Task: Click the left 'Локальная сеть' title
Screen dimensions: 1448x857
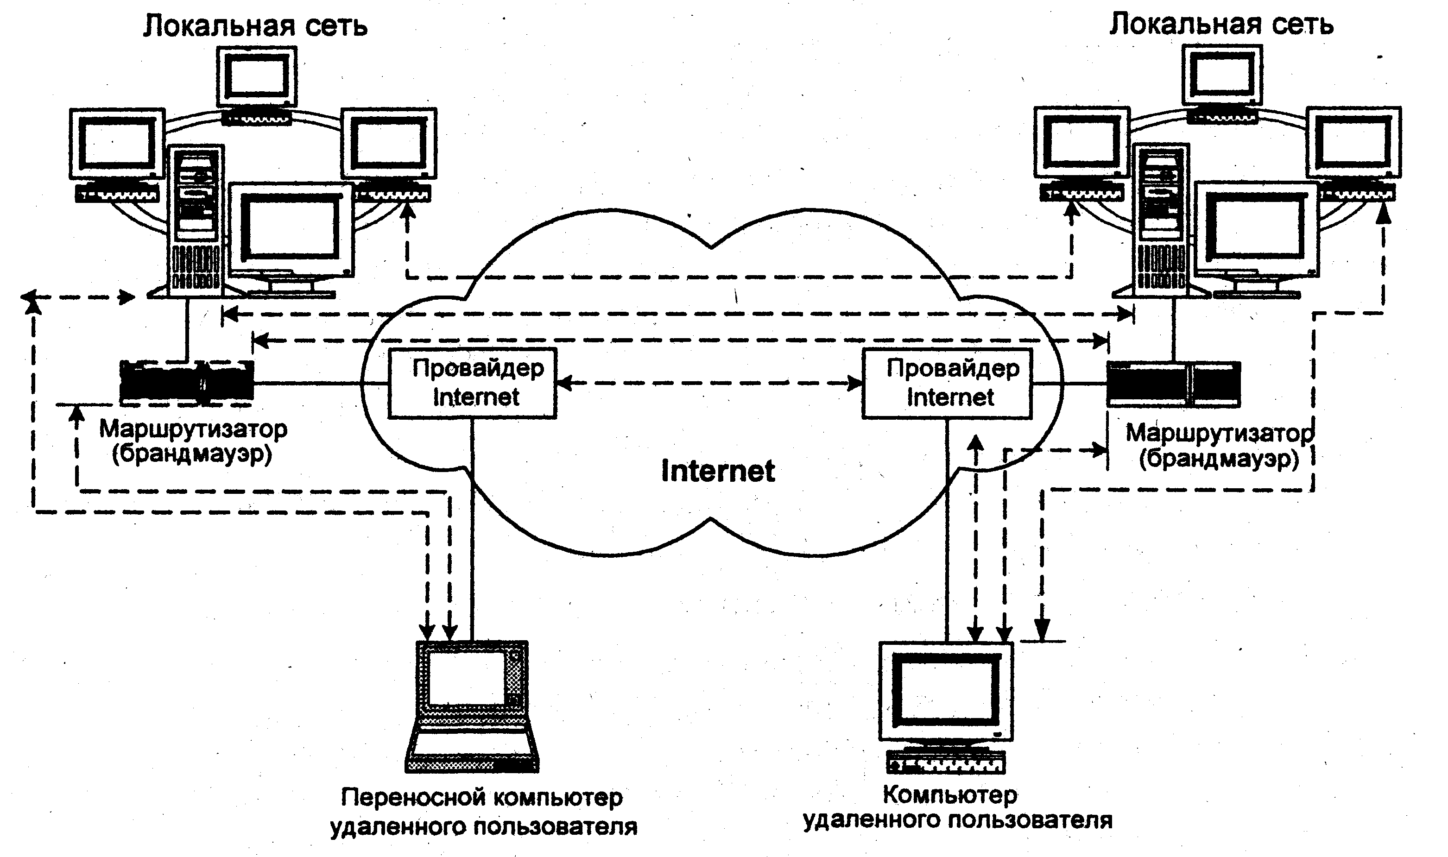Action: (255, 26)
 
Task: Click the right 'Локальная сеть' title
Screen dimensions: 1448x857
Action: (1221, 25)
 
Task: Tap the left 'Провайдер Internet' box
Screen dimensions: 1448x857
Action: (472, 383)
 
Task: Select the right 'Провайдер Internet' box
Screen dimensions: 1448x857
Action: (947, 384)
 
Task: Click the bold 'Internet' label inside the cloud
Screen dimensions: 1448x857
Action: (718, 471)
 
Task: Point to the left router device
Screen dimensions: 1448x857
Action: (187, 381)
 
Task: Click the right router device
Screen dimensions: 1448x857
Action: (1174, 384)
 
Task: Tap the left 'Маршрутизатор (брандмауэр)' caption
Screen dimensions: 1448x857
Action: (193, 442)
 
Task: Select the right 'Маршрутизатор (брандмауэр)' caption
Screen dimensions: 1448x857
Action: (1219, 446)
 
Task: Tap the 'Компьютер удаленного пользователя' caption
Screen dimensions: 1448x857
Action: (957, 807)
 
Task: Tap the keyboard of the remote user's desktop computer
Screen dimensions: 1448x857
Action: (946, 762)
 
